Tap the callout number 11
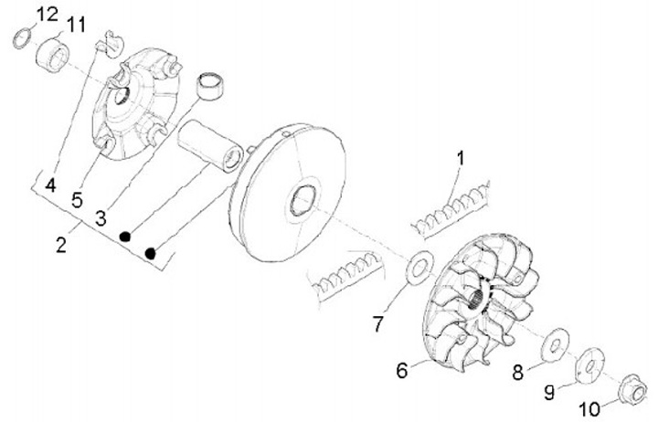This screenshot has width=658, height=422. [x=76, y=24]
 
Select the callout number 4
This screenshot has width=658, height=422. [x=51, y=185]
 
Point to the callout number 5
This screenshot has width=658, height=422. [x=79, y=196]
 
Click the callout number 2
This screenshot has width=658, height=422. [x=61, y=245]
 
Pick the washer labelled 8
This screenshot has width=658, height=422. [x=553, y=346]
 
